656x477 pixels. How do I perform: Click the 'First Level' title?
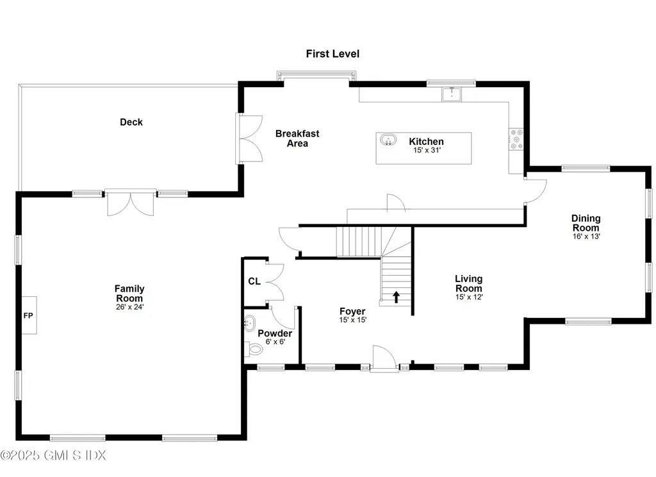[332, 54]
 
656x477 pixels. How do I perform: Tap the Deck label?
[131, 122]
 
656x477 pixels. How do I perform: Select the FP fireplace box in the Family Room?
[29, 315]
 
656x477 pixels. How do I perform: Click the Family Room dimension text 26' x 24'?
[129, 307]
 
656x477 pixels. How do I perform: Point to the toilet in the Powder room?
[254, 349]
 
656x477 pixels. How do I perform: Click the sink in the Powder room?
[249, 324]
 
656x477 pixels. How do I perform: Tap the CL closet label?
[254, 281]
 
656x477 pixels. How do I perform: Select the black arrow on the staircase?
[397, 296]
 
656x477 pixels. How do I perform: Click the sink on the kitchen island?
[388, 140]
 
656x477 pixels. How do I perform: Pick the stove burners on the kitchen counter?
[516, 139]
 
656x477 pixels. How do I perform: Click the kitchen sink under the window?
[452, 94]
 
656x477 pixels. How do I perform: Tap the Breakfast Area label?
[297, 138]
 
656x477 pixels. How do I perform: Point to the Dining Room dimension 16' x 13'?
[586, 236]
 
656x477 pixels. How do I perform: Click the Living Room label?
[469, 283]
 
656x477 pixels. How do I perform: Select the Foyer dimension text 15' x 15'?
[353, 320]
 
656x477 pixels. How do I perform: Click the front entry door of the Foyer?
[384, 359]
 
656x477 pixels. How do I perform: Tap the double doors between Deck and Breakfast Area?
[250, 138]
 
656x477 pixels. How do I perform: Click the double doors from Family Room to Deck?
[131, 203]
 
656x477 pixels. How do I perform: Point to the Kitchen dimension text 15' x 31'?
[427, 151]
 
